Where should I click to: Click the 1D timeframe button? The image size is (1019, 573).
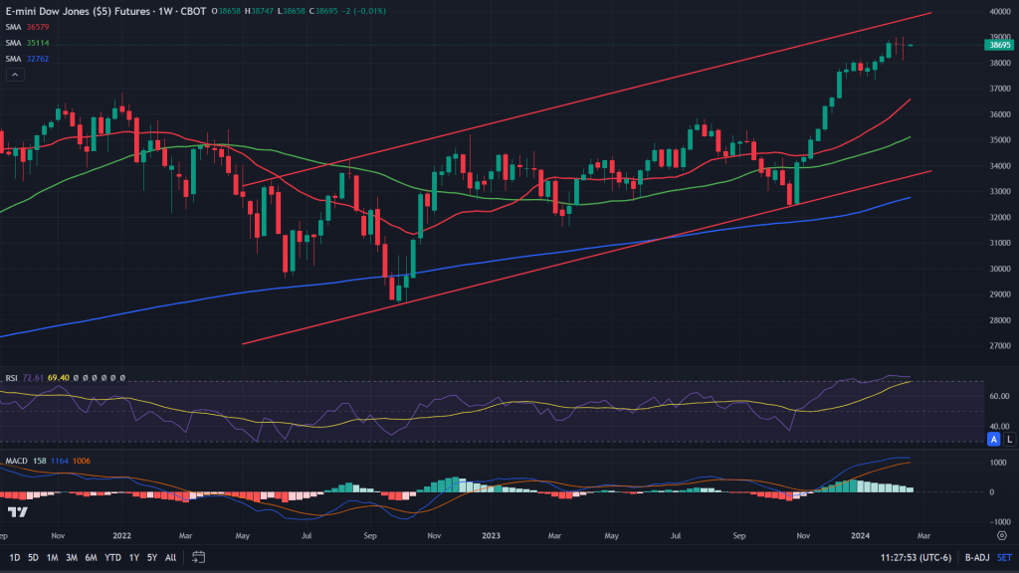(14, 557)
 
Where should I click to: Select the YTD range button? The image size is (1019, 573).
(112, 557)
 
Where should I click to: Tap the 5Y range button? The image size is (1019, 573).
(152, 557)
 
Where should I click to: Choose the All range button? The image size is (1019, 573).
(171, 557)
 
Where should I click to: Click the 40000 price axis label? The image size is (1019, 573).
(999, 12)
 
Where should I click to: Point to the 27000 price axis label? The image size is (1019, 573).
(999, 345)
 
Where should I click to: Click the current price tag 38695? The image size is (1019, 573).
(998, 45)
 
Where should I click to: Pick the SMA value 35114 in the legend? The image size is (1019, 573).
(40, 44)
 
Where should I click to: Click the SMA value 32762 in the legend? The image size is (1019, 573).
(40, 59)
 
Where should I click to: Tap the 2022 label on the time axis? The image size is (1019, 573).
(121, 534)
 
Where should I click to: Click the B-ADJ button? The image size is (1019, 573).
(961, 557)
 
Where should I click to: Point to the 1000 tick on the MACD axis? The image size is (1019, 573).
(998, 463)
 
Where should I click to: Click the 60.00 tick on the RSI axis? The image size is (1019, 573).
(998, 395)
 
